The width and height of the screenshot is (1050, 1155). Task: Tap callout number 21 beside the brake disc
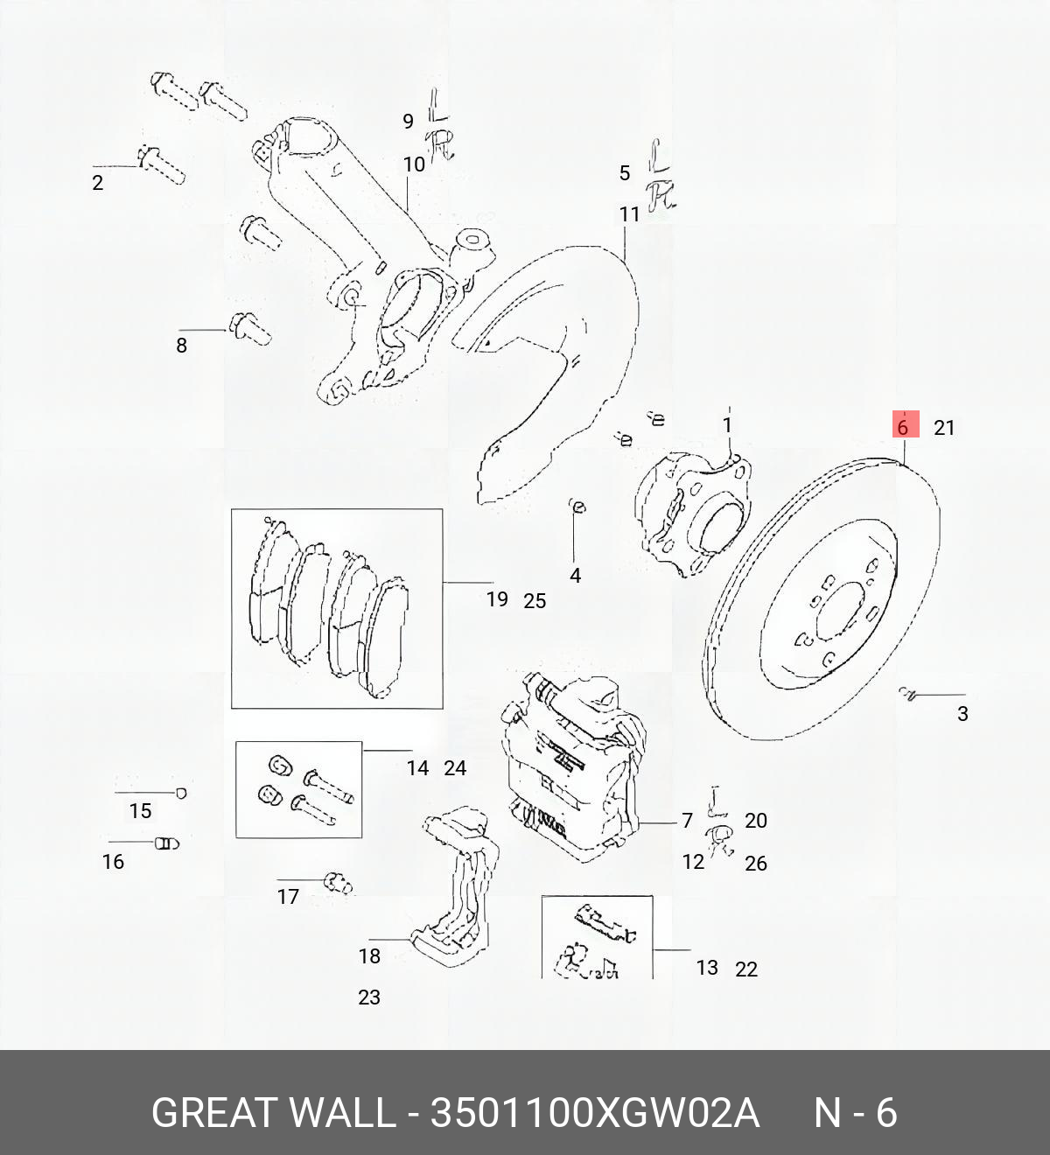[x=944, y=428]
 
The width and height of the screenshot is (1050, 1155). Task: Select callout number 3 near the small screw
[x=962, y=714]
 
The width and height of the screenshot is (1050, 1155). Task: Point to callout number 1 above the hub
[x=727, y=425]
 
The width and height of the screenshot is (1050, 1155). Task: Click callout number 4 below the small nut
[x=575, y=576]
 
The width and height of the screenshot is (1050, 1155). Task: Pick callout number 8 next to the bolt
[x=181, y=346]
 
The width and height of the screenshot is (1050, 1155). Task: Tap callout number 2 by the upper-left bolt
[x=97, y=183]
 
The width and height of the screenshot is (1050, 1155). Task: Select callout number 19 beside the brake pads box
[x=497, y=599]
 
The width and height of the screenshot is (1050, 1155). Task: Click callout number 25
[x=535, y=601]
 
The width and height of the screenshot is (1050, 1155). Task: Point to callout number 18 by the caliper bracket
[x=369, y=956]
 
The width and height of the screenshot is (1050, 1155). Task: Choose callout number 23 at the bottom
[x=369, y=997]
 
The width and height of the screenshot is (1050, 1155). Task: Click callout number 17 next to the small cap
[x=288, y=897]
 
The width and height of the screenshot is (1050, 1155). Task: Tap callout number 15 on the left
[x=140, y=811]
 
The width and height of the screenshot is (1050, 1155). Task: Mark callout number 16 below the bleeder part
[x=113, y=862]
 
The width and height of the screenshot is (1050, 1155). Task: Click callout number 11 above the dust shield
[x=630, y=214]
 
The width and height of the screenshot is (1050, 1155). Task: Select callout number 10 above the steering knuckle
[x=414, y=164]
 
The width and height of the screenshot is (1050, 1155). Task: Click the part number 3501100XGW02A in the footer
[x=595, y=1113]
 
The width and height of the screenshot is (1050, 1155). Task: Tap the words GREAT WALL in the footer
[x=273, y=1113]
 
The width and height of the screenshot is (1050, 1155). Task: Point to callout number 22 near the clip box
[x=746, y=969]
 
